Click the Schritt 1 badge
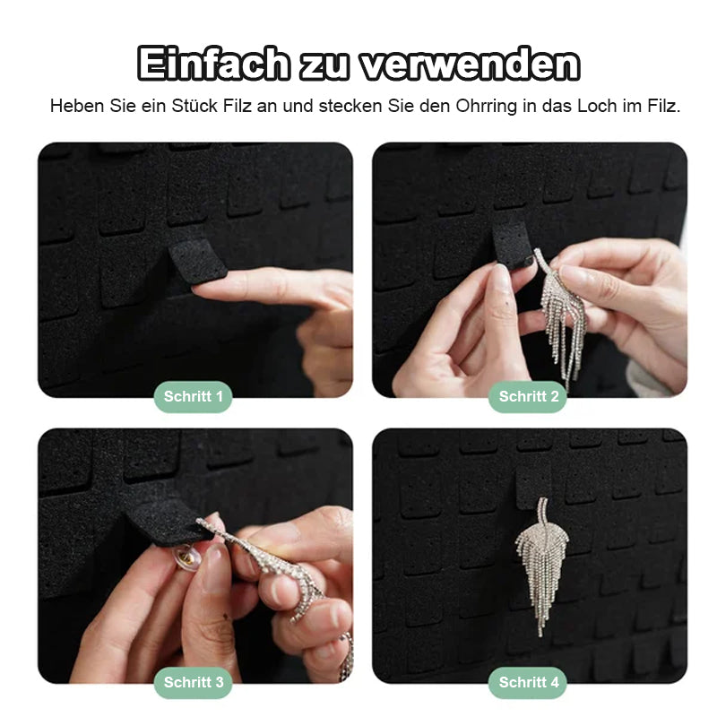click(193, 396)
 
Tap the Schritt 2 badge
click(529, 396)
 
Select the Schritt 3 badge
click(193, 682)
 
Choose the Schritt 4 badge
click(529, 682)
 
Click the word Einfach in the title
click(214, 65)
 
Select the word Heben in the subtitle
click(75, 106)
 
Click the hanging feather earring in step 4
click(541, 556)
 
